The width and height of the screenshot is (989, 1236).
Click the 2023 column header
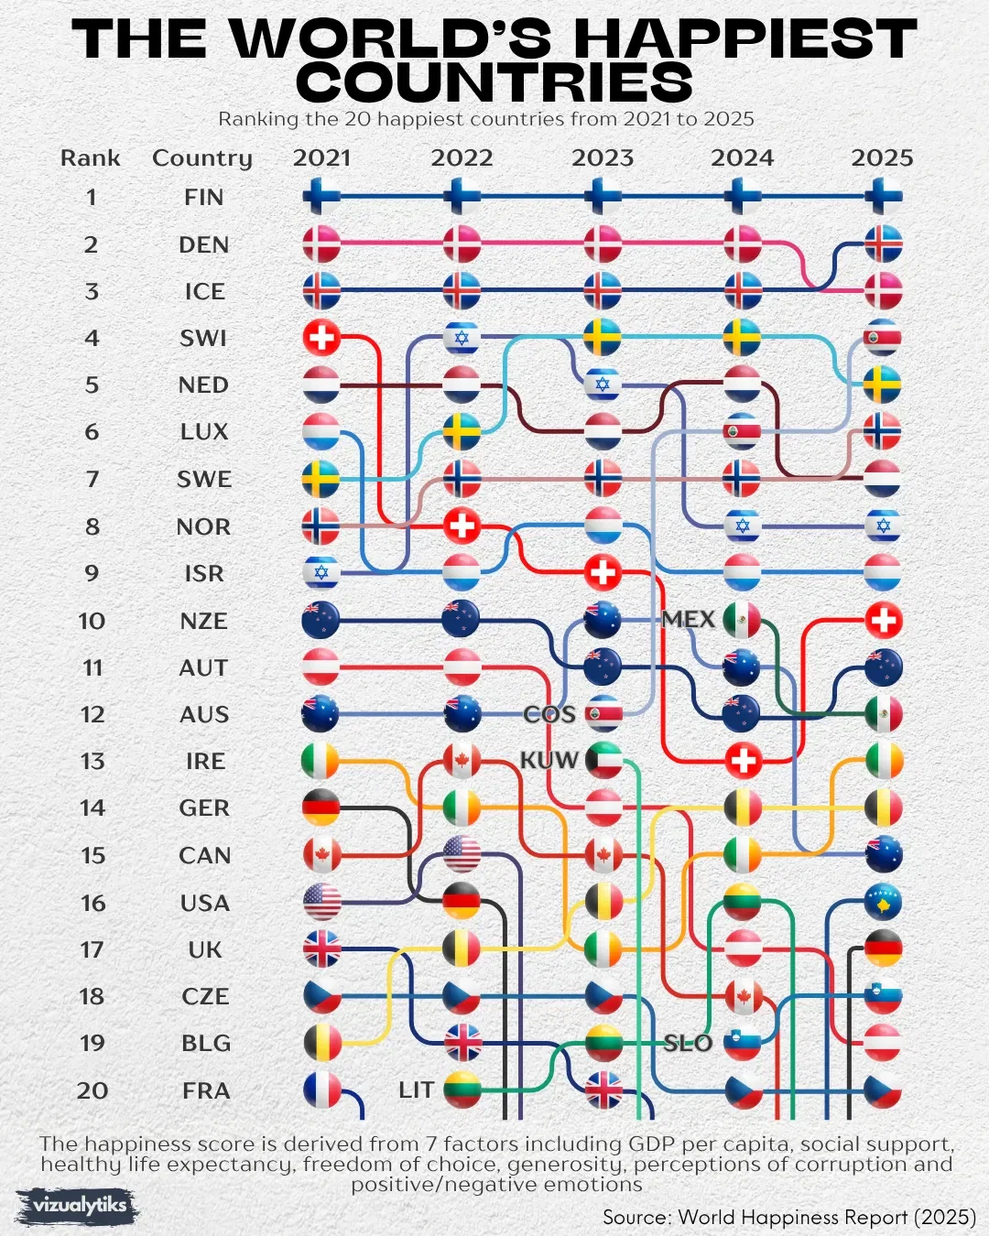click(602, 157)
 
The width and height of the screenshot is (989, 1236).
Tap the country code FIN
click(203, 197)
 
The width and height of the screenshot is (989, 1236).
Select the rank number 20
click(92, 1090)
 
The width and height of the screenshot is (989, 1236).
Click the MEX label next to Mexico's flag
click(688, 620)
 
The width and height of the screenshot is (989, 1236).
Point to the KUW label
click(549, 761)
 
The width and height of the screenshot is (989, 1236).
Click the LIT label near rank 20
click(416, 1090)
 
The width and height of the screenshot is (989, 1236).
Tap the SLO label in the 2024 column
click(688, 1043)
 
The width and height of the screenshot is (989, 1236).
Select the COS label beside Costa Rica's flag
click(549, 714)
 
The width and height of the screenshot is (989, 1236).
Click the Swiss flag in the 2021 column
click(321, 339)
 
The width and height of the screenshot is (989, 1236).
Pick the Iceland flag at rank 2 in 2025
click(883, 244)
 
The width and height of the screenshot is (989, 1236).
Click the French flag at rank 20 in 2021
click(321, 1090)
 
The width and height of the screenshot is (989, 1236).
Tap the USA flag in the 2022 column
click(462, 854)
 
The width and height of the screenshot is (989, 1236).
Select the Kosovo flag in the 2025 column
click(883, 902)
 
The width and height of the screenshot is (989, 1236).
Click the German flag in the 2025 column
click(883, 949)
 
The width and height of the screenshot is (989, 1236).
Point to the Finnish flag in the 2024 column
click(742, 197)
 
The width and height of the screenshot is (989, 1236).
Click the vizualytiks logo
click(79, 1206)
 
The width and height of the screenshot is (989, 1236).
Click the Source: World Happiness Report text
click(788, 1217)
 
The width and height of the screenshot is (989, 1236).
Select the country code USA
click(204, 903)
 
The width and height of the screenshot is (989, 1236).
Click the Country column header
click(201, 157)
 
